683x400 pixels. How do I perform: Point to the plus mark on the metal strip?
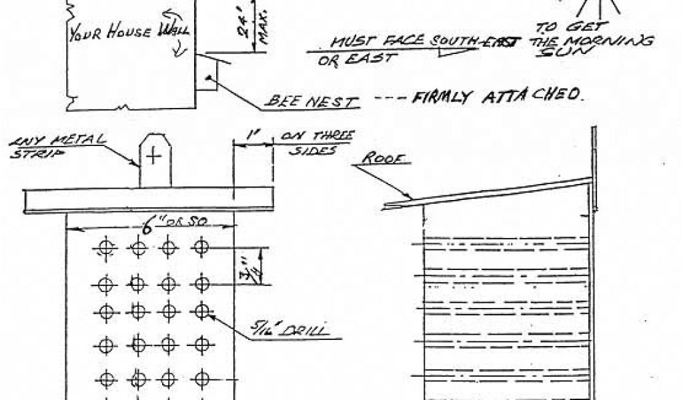pyautogui.click(x=154, y=156)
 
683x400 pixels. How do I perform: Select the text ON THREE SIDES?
pyautogui.click(x=315, y=142)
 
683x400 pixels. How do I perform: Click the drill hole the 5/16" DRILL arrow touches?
pyautogui.click(x=201, y=310)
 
